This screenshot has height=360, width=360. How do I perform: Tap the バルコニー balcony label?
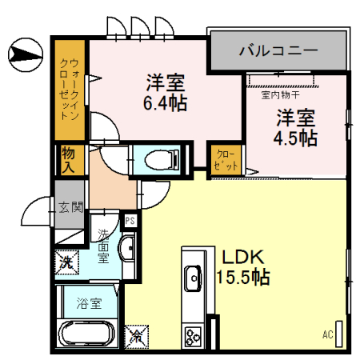(x=278, y=51)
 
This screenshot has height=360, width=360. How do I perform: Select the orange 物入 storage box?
(x=68, y=160)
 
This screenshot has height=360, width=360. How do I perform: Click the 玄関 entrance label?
(x=70, y=207)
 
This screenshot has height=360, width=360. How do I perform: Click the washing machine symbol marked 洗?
(x=67, y=261)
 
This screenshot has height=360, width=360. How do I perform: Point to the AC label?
(x=327, y=334)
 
